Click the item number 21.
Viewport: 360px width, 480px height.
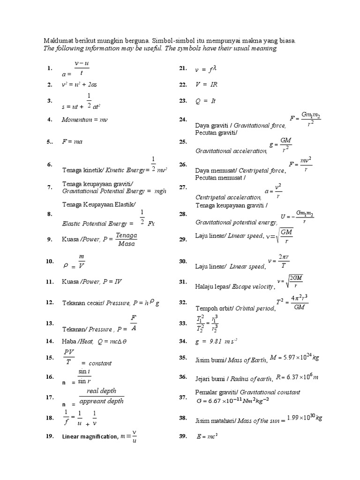point(183,68)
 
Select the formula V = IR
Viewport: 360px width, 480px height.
point(207,84)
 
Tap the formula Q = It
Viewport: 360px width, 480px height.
point(205,101)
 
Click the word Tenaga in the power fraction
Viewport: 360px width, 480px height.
point(126,235)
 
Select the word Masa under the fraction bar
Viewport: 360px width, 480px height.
point(127,244)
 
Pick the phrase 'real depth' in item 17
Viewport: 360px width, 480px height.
point(101,391)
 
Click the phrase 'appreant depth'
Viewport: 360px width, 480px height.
point(101,401)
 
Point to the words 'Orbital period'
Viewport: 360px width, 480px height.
point(255,309)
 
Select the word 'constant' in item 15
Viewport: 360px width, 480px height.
point(100,363)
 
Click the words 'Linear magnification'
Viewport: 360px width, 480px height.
point(90,437)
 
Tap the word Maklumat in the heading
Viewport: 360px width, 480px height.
point(59,41)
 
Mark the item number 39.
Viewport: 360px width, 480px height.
point(183,436)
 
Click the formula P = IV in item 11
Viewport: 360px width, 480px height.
point(112,282)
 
